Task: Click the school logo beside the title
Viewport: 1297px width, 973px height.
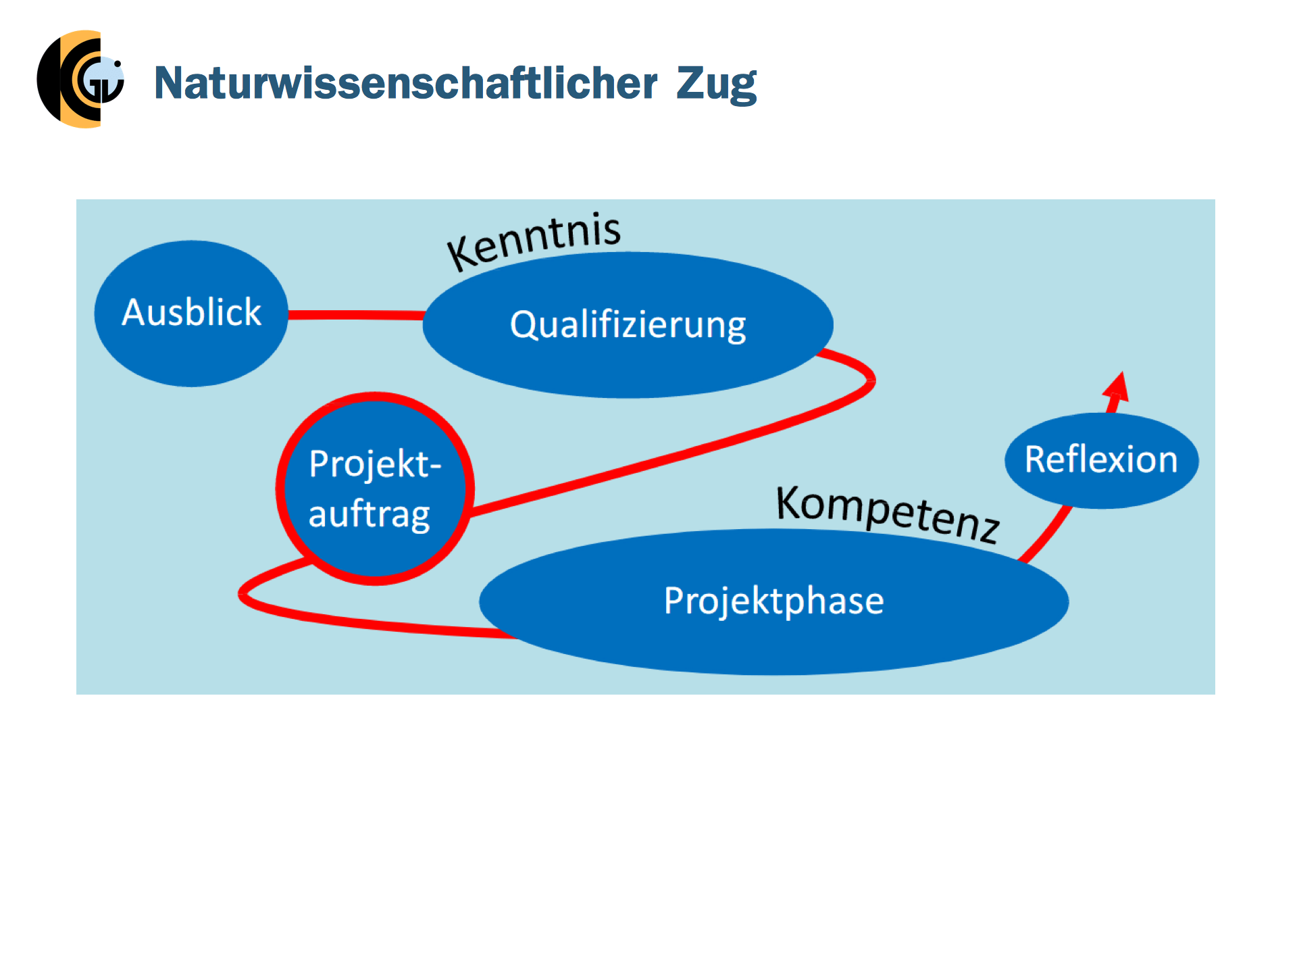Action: (80, 79)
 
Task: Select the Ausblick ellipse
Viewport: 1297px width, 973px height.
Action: (191, 314)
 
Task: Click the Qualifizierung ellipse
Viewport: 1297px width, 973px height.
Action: (628, 325)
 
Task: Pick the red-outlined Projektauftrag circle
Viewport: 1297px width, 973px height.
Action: (375, 489)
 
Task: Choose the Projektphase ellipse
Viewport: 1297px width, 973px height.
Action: (773, 601)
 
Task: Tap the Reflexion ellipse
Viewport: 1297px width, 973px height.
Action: (1101, 461)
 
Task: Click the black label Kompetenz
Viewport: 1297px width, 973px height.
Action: (888, 514)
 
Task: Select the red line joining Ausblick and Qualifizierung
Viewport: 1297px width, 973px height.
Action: (356, 315)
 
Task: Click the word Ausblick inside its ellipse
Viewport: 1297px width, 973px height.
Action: (191, 312)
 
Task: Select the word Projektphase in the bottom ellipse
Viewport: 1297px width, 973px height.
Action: (773, 601)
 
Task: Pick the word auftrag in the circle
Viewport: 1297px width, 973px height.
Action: (369, 515)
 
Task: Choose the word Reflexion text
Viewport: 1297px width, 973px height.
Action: (1101, 459)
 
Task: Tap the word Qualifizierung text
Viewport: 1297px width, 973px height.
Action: (628, 326)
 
